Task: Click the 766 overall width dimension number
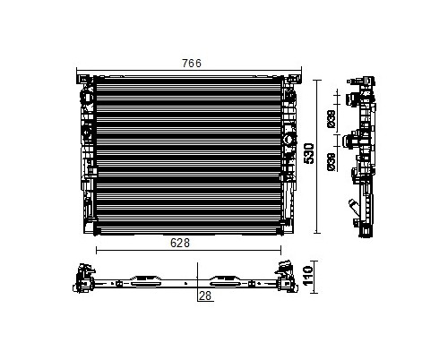tap(192, 64)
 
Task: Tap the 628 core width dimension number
tap(180, 243)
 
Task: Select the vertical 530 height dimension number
tap(309, 153)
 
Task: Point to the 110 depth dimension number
tap(308, 276)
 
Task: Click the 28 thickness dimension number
tap(205, 296)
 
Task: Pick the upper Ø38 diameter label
tap(332, 119)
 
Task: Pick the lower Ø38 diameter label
tap(332, 162)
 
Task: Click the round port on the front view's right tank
tap(289, 139)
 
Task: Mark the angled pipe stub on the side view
tap(355, 207)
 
